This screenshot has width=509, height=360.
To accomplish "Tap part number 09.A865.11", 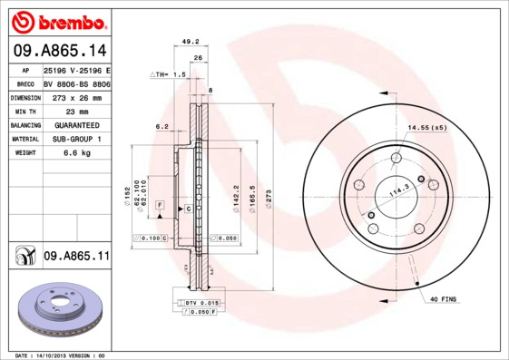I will pos(76,258).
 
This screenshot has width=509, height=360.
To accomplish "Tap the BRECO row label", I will pos(25,83).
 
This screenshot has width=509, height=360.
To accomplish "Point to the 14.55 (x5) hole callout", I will pos(427,128).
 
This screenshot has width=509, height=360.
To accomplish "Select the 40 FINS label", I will pos(444,299).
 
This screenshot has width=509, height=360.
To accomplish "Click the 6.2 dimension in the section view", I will pos(162,126).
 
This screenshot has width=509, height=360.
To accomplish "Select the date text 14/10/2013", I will pos(63,355).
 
